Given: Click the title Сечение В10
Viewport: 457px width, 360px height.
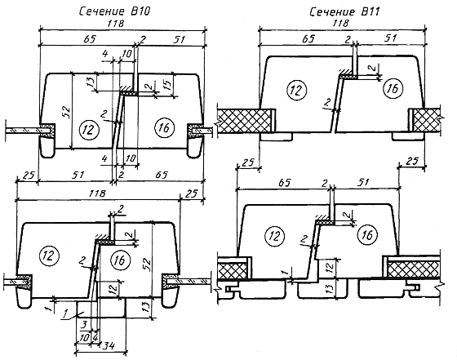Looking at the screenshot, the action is [x=115, y=11].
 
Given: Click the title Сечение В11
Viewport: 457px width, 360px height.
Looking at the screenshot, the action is [x=344, y=12].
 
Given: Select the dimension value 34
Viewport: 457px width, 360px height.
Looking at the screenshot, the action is [x=109, y=346].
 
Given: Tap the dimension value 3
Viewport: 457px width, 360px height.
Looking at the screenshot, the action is [x=83, y=323].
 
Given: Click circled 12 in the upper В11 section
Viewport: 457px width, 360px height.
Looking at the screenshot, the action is [x=297, y=90].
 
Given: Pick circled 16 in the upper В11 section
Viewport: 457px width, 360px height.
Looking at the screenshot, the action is [x=393, y=88].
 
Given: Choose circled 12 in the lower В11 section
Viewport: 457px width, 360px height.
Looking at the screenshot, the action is [x=275, y=236].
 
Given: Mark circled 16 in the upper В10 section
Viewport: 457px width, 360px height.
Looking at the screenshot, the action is [x=165, y=127].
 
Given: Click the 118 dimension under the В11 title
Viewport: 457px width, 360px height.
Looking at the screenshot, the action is [x=340, y=24].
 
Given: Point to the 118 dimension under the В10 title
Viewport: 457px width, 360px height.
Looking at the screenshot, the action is [x=116, y=24].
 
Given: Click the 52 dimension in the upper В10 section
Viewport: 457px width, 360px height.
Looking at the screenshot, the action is [x=66, y=111].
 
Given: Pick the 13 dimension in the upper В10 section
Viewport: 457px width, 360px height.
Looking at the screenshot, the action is [x=91, y=82].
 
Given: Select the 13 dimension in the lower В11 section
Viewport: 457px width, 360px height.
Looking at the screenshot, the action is [x=329, y=288].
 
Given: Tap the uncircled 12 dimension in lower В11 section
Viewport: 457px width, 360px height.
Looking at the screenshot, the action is [x=329, y=267].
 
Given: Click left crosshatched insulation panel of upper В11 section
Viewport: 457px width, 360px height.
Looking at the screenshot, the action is [x=244, y=120].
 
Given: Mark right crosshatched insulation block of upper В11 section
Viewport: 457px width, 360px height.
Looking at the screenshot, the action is [x=426, y=120].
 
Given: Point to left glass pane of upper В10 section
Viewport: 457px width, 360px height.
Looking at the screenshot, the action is [x=23, y=131].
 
